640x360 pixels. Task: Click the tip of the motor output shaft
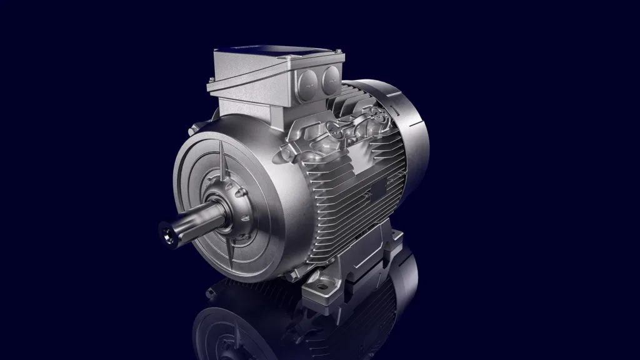coord(167,234)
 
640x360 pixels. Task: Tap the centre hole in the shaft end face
coord(167,234)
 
